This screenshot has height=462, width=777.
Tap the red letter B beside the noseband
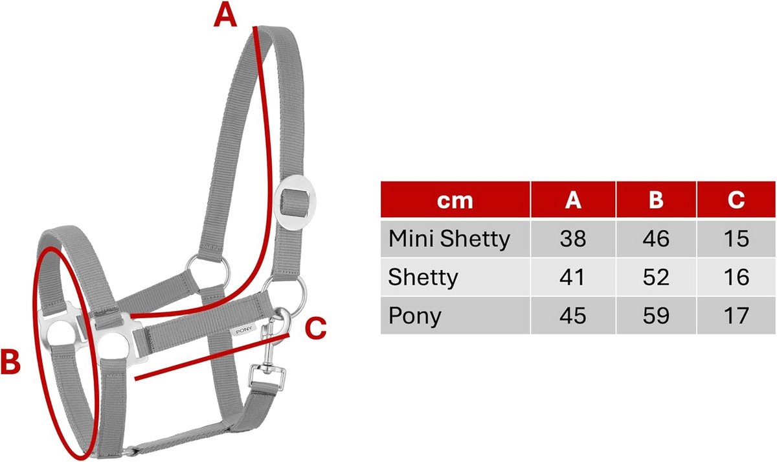click(11, 362)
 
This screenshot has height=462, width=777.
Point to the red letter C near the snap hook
click(315, 328)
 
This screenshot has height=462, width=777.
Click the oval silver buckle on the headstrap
click(295, 202)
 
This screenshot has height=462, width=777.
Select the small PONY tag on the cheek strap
click(244, 330)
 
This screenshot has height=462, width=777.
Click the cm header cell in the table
click(455, 200)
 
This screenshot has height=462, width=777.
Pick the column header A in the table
click(573, 200)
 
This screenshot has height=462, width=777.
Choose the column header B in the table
click(656, 200)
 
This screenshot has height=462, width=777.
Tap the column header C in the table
click(736, 200)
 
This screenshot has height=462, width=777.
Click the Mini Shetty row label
click(449, 239)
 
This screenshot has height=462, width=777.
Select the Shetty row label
click(423, 277)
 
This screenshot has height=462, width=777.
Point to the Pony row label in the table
click(415, 316)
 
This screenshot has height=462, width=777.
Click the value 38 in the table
click(572, 239)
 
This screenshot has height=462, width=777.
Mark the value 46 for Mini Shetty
click(656, 239)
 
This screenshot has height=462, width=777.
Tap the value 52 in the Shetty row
click(656, 277)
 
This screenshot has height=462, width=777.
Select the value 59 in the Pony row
click(656, 316)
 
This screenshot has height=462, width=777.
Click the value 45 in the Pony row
click(572, 316)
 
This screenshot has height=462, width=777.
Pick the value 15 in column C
click(736, 239)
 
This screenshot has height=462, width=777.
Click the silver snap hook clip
click(271, 354)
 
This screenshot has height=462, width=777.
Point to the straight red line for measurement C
click(212, 357)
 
